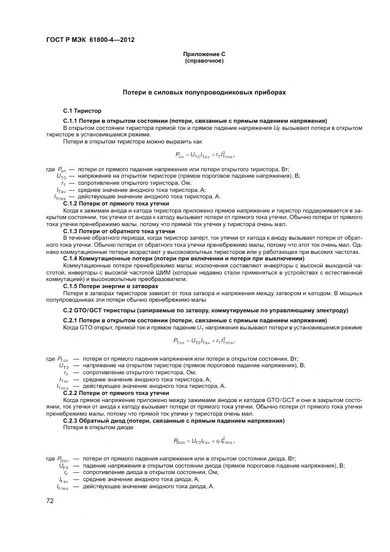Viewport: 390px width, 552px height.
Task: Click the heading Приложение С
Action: (x=204, y=54)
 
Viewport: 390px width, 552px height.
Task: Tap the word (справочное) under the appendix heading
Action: (x=204, y=60)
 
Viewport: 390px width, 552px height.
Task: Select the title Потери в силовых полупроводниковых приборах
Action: (x=204, y=93)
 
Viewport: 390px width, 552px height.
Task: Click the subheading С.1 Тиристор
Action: (x=83, y=110)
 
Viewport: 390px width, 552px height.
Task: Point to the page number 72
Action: (x=50, y=500)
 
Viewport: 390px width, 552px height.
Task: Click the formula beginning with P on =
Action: (x=205, y=155)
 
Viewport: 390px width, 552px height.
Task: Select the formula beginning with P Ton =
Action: (x=205, y=341)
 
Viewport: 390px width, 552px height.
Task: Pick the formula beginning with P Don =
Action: (x=204, y=441)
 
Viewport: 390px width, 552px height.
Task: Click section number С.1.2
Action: (x=71, y=202)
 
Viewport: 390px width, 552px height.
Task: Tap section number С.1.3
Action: (x=71, y=231)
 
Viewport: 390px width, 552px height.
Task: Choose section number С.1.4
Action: (x=71, y=259)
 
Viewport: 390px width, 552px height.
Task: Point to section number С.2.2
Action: (x=71, y=393)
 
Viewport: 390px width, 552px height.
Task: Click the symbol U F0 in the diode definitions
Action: (x=63, y=466)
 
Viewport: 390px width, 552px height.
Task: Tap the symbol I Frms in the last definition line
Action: (x=62, y=488)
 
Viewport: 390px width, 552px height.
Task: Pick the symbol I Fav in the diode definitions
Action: (x=63, y=480)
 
